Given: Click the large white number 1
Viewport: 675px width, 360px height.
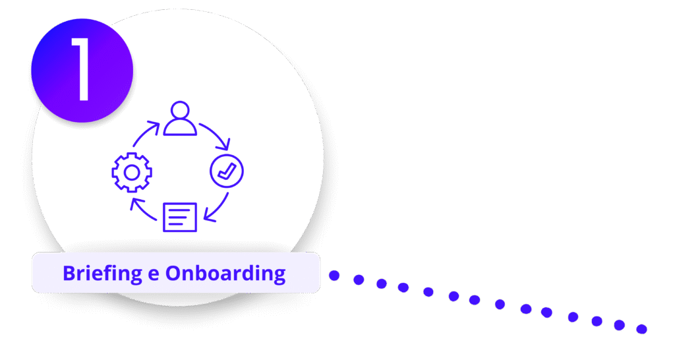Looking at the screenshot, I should point(82,69).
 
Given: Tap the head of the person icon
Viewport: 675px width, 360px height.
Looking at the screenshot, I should point(180,110).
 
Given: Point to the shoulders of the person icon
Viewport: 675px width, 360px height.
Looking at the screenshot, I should point(180,128).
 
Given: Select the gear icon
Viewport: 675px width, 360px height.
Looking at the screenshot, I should point(132,172).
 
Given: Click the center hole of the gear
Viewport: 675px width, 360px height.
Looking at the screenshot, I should point(132,172).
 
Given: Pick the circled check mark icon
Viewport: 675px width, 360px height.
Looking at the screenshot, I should point(226,171).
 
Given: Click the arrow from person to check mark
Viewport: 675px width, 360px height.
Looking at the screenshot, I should point(216,135).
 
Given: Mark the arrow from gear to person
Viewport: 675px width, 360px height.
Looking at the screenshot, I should point(144,133).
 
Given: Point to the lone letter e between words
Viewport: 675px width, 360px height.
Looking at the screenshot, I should point(154,274).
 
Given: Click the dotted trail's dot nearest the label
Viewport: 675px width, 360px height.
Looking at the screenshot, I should point(334,275).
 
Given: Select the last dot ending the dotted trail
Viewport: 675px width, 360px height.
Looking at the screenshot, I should point(641,328).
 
